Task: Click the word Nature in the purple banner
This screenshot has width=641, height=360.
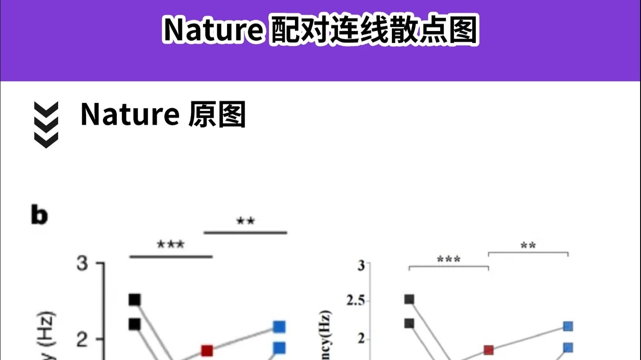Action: point(213,31)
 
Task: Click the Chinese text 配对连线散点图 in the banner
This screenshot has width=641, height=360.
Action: point(374,31)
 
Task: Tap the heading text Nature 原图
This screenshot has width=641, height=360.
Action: point(163,115)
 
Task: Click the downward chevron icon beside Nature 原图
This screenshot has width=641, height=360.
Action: point(46,125)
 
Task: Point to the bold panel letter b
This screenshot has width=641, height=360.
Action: point(40,215)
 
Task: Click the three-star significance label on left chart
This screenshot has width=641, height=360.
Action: point(171,245)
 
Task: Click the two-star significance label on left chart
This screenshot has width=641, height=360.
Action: point(245,221)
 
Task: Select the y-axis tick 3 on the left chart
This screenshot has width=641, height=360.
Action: point(82,264)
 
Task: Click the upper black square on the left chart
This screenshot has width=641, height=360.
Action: point(135,300)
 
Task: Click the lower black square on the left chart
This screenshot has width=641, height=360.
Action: point(135,324)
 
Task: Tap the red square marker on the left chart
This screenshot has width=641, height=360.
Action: point(207,351)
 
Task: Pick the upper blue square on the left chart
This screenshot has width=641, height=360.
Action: point(279,327)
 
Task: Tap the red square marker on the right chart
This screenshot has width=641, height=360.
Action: point(489,350)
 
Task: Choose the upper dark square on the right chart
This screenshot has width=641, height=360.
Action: point(409,300)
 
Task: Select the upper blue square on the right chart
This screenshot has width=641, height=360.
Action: point(568,326)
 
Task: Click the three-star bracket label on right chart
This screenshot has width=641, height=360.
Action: point(449,259)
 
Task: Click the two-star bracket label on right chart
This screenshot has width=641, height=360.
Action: point(528,245)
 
